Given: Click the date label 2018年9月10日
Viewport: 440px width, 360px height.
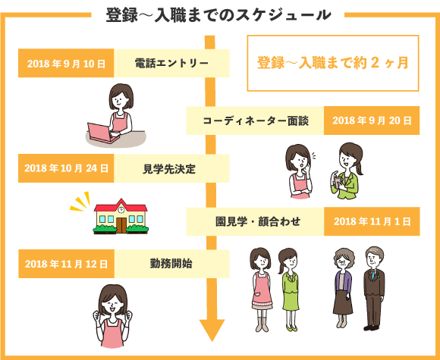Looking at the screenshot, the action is coord(66,64).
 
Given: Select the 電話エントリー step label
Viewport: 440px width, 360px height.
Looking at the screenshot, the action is coord(171,63).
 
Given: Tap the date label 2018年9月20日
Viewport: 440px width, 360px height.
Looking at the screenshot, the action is coord(372,121).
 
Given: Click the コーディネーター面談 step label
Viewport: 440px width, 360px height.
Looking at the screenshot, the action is coord(256,121).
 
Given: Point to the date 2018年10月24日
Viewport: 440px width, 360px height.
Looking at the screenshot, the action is coord(66,168).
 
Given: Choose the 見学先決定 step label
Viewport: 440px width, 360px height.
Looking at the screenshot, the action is coord(169,169).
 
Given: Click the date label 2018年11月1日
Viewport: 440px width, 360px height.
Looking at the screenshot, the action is coord(372,221).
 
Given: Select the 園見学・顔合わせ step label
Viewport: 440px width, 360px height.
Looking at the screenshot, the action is coord(258,222).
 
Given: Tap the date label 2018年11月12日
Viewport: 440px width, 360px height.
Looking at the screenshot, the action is coord(66,264).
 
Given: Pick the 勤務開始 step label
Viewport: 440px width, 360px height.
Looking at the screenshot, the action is coord(171,264).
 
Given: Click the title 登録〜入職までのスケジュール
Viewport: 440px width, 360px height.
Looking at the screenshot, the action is coord(218,14).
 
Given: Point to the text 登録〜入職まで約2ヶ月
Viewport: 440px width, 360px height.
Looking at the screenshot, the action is coord(333,63).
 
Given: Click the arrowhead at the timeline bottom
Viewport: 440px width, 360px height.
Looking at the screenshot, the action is coord(212,330).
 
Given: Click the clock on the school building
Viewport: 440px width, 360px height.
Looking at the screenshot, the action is coord(121,210).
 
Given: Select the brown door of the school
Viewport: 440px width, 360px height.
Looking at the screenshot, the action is coord(121,225).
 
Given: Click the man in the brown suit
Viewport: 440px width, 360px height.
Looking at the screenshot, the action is coord(374,288).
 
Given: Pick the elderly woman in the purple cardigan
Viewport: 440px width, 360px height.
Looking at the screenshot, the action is coord(343,288).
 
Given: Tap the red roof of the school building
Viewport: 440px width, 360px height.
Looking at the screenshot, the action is coord(121,206).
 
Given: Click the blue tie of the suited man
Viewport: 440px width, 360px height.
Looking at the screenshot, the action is coord(373,274).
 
